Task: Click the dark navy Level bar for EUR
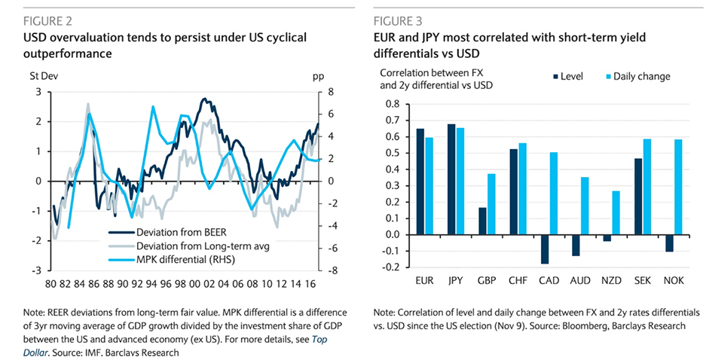coord(420,182)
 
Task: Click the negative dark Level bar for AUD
coord(575,246)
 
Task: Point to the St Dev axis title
coord(43,77)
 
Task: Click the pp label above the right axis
coord(317,77)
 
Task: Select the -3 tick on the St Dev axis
coord(37,270)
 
